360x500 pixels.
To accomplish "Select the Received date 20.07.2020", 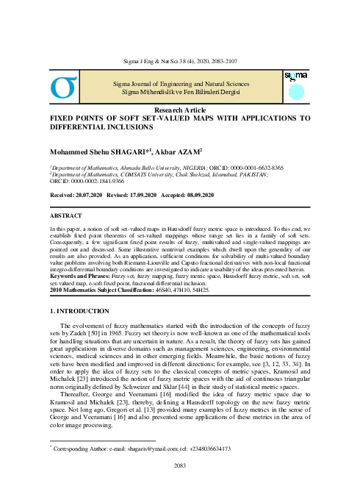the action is (x=89, y=194).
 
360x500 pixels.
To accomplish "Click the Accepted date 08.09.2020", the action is (x=197, y=194).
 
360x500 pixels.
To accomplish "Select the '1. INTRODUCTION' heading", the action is (x=77, y=312).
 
